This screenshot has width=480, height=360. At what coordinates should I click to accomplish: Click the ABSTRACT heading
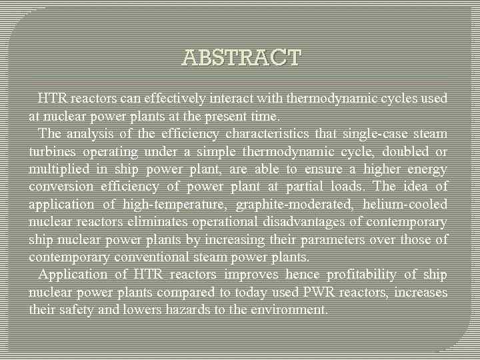pos(241,57)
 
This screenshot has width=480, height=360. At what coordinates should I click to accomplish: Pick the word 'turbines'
pos(51,151)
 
